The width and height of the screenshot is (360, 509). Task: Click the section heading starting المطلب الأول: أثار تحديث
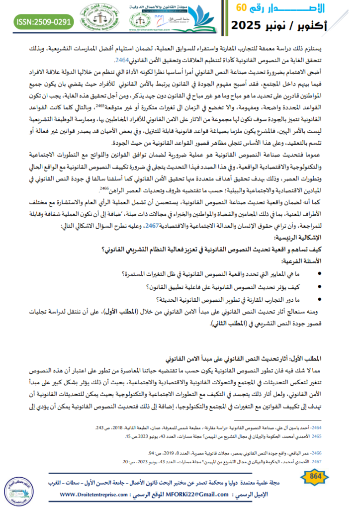click(x=279, y=357)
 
